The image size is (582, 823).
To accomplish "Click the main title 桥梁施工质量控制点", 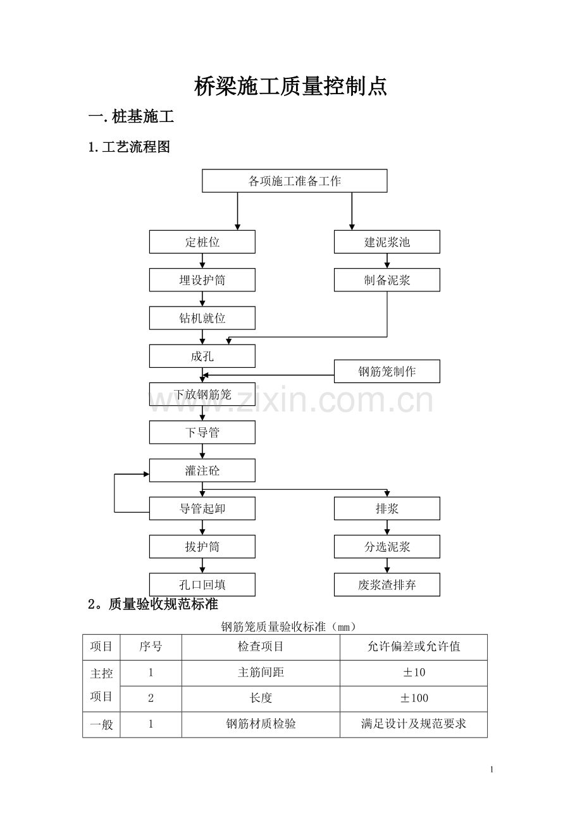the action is click(x=290, y=87).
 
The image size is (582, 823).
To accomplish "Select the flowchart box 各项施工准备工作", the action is click(x=295, y=181).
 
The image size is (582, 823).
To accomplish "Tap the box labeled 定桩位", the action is click(x=202, y=241).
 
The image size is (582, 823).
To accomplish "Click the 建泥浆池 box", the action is click(x=387, y=241).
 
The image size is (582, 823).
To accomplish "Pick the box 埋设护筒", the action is click(x=202, y=280).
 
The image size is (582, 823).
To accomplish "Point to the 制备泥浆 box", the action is click(x=387, y=280).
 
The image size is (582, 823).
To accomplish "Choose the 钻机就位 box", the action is click(x=202, y=318).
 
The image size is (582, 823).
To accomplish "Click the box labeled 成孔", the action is click(x=202, y=356).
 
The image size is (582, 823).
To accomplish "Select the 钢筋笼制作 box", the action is click(x=387, y=372).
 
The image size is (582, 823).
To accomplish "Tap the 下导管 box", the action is click(x=202, y=432).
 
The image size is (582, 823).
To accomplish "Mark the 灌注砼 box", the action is click(x=202, y=470).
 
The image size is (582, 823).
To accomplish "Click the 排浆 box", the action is click(x=387, y=508).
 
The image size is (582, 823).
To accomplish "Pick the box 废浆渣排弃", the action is click(x=387, y=585).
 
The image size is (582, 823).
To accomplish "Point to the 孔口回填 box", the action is click(x=202, y=585).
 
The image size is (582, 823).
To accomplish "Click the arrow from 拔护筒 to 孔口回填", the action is click(x=202, y=566).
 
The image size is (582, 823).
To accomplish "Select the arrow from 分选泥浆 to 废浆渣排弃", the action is click(x=387, y=566).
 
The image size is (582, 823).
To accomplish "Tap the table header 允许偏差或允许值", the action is click(x=414, y=646).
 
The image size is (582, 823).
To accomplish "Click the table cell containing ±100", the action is click(x=414, y=698).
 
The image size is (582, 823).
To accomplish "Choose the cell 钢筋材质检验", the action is click(x=261, y=724).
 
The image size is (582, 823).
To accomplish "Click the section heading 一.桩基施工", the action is click(x=131, y=116).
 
